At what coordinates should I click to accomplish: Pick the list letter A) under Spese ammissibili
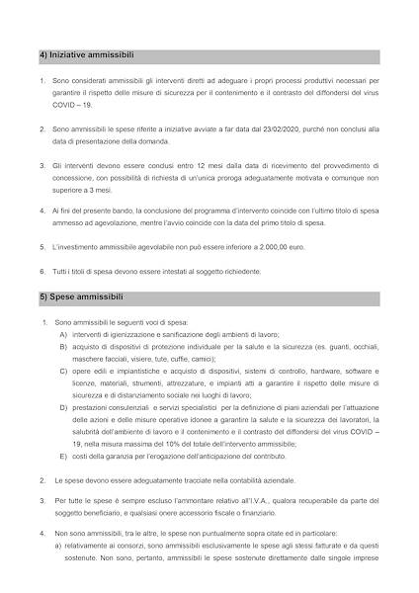pos(63,334)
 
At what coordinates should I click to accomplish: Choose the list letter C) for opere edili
pos(63,371)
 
